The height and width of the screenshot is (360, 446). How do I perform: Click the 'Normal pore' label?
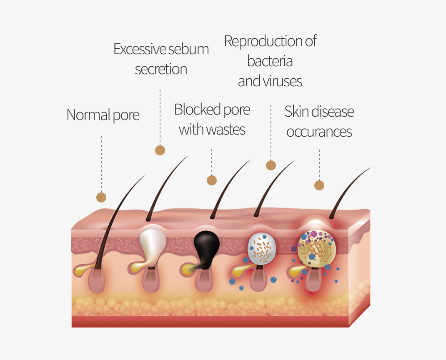[103, 115]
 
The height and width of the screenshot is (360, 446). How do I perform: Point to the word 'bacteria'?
[270, 61]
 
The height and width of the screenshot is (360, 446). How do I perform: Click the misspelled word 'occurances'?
[319, 132]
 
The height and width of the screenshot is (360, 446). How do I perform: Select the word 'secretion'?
[161, 69]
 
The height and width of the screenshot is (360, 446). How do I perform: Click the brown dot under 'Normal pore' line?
[101, 197]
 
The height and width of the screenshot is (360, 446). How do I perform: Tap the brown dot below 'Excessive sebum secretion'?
[160, 150]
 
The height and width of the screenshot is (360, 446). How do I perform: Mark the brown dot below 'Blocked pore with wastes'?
[212, 180]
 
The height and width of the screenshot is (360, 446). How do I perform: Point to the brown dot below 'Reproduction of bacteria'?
[271, 165]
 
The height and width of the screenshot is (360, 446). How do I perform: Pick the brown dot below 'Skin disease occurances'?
[319, 185]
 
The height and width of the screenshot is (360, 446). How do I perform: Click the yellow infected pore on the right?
[317, 249]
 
